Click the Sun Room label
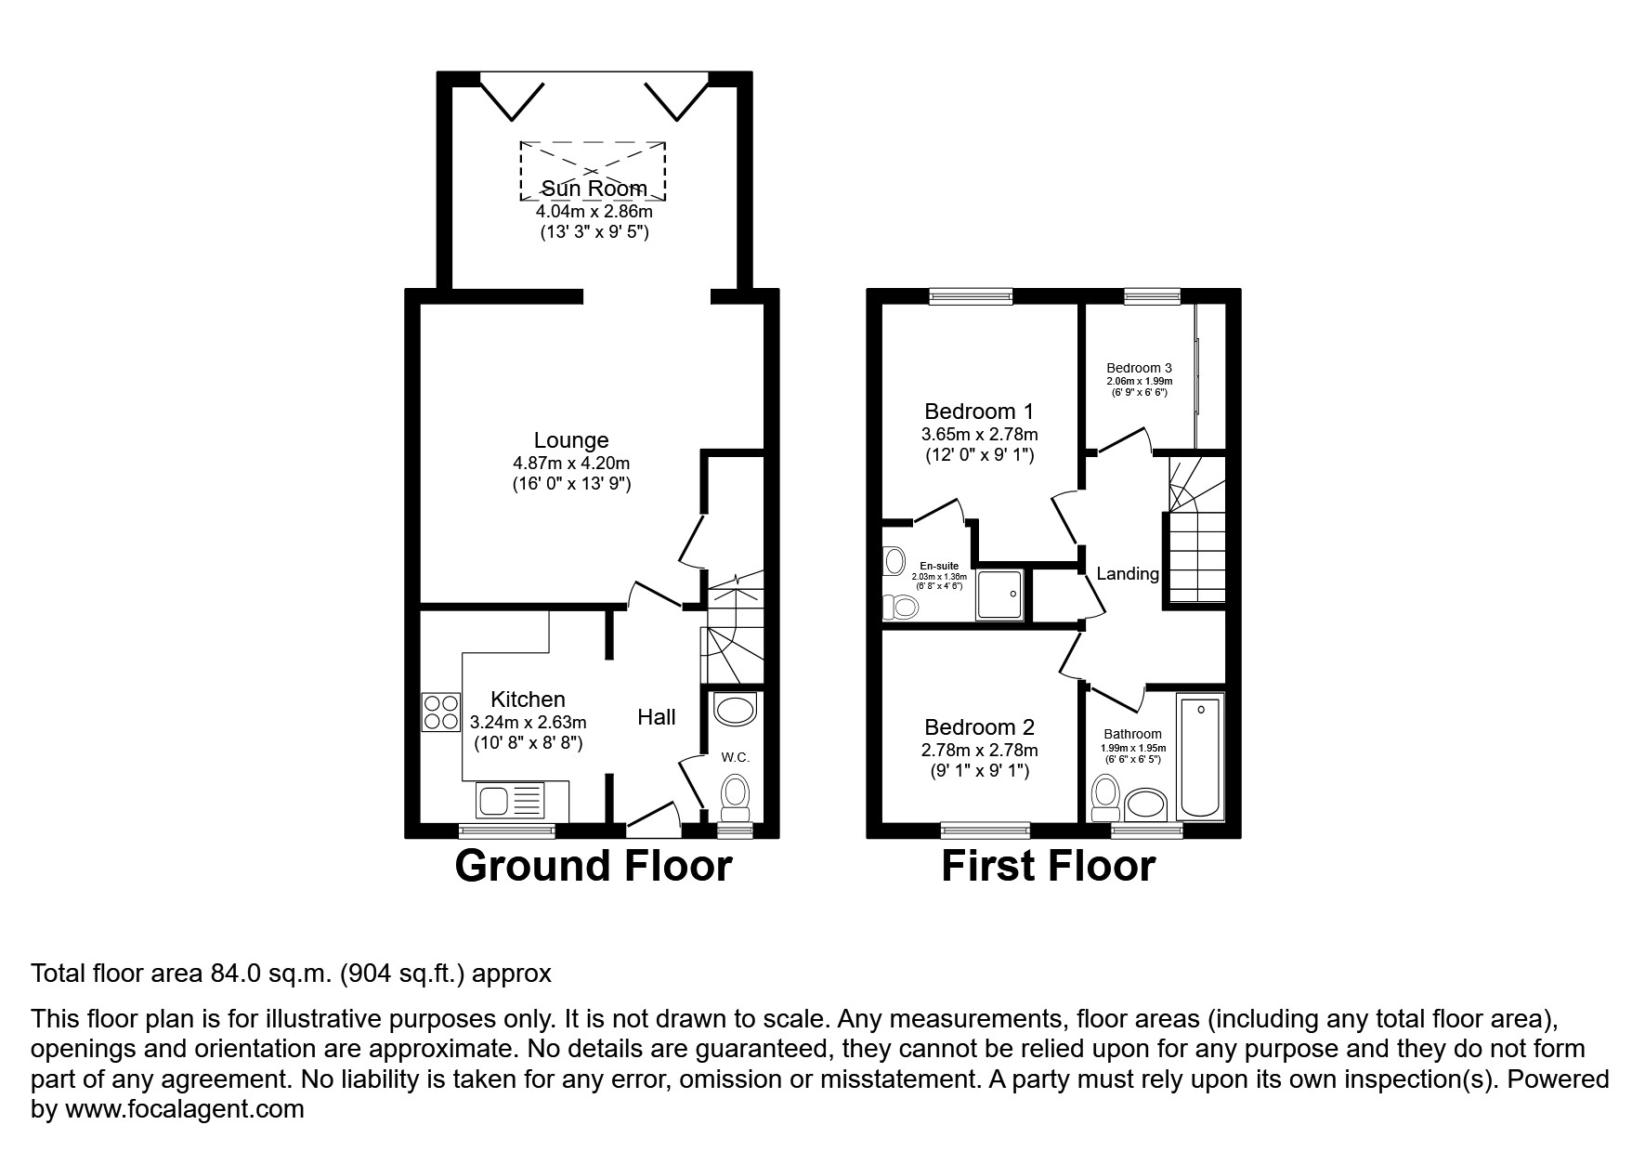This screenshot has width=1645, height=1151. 594,189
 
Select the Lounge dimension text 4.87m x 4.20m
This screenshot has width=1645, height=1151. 571,463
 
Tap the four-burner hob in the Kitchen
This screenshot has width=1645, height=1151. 441,712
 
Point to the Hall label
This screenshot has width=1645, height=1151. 656,717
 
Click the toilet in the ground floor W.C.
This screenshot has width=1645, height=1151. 736,795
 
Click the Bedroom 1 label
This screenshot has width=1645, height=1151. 979,412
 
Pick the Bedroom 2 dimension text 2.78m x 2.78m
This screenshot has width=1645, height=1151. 979,750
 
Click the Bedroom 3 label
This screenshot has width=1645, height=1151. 1139,368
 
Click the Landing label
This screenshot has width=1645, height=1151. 1127,574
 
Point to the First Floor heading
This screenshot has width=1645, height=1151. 1048,866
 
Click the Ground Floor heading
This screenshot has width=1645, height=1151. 593,866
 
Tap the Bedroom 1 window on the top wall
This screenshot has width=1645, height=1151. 971,297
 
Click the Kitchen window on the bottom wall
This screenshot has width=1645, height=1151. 507,831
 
